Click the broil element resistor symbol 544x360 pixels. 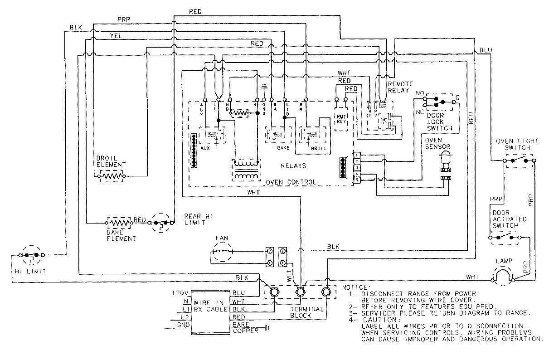coord(111,175)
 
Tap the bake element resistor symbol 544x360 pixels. coord(119,223)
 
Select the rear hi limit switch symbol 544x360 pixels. coord(161,223)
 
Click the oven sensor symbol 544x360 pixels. coord(445,160)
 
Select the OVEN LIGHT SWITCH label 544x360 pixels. coord(517,144)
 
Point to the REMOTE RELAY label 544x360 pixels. coord(400,87)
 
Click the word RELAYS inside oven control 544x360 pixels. coord(293,166)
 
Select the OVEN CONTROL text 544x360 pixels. coord(291,182)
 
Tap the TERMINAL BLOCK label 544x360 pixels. coord(306,312)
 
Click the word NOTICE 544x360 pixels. coord(357,287)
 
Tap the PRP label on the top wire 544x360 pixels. coord(123,19)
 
